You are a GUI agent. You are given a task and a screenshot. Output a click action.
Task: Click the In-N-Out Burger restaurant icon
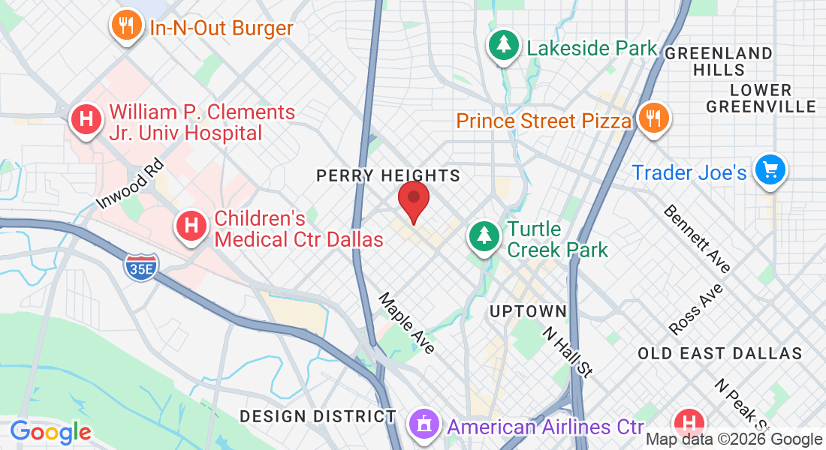coord(127,27)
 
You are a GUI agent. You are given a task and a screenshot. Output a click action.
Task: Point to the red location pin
coord(413,200)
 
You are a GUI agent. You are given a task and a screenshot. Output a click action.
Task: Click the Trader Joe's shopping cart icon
coord(770,169)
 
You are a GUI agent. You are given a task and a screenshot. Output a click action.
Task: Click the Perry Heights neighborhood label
coord(387,175)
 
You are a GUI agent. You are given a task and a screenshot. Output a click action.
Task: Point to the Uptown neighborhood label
coord(527,310)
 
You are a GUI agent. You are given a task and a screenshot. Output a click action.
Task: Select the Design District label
coord(318,415)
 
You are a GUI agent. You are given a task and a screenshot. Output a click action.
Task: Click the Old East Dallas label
coord(719,352)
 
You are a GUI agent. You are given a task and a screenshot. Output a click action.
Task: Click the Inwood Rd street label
coord(129,182)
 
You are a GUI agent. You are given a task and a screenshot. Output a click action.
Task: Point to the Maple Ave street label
coord(406,322)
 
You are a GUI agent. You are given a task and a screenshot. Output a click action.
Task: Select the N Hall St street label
coord(568,349)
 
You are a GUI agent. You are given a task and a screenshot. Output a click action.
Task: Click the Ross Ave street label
coord(696,309)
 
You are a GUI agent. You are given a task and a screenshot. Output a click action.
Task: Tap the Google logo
coord(50,431)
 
